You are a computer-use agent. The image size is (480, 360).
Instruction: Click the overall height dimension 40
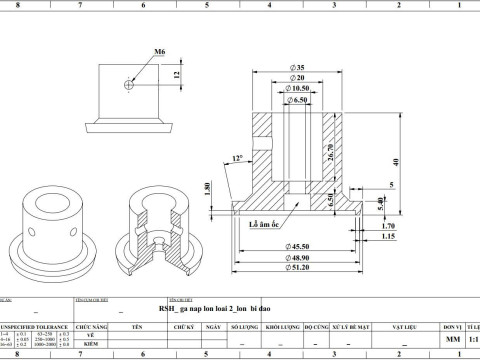396,162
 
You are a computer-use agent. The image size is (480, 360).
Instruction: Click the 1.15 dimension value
390,237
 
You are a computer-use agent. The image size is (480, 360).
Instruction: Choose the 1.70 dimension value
390,226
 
